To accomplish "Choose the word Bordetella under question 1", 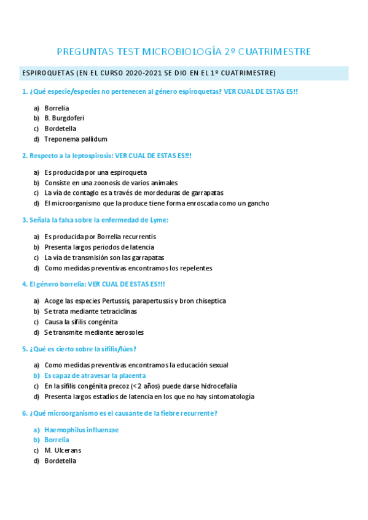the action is click(x=60, y=129).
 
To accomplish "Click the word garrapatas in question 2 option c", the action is click(x=207, y=193).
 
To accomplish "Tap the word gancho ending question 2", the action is click(x=258, y=204).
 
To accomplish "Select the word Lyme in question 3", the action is click(x=160, y=220).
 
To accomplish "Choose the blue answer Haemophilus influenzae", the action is click(x=81, y=430).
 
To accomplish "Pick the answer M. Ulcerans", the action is click(x=63, y=451).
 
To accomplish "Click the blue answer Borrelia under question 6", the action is click(x=57, y=440).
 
